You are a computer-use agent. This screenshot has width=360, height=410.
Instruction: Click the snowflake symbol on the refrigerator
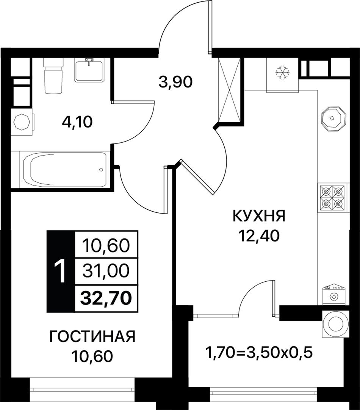[282, 72]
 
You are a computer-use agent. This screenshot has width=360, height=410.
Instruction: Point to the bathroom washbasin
[89, 70]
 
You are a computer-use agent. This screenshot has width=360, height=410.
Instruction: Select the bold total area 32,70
[106, 298]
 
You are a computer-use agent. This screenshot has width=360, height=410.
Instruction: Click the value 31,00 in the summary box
[106, 271]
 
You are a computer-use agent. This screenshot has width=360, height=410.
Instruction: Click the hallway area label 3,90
[176, 82]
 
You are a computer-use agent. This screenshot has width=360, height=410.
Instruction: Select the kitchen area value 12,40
[259, 236]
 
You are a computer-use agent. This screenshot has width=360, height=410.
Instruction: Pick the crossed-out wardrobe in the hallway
[229, 90]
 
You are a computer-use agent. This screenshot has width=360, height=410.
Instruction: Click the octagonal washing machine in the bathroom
[22, 122]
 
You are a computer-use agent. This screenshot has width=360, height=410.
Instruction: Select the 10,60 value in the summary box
[106, 246]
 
